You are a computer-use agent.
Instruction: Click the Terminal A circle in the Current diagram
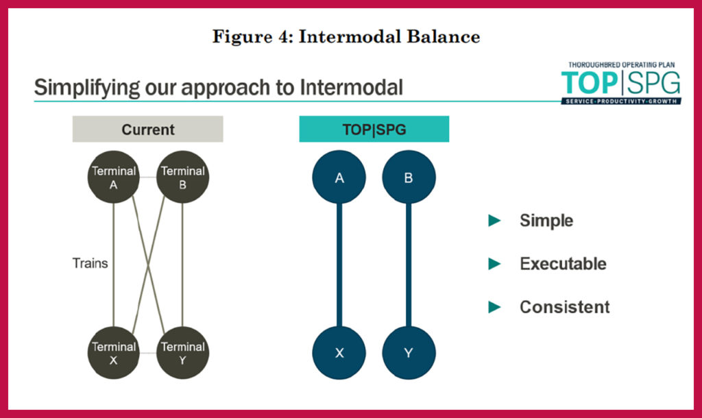[114, 177]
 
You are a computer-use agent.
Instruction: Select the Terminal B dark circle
[182, 177]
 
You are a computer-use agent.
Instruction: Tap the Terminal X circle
[114, 353]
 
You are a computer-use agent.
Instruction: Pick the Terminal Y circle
[182, 353]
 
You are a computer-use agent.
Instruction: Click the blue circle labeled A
[339, 177]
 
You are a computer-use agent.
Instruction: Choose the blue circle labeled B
[409, 177]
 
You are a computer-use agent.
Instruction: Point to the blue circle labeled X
[339, 353]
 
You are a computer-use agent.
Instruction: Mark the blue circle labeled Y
[409, 353]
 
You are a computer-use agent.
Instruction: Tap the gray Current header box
[148, 129]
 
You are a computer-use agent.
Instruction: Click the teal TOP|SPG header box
[374, 129]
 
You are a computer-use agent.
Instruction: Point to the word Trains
[90, 262]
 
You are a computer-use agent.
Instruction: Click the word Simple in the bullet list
[546, 221]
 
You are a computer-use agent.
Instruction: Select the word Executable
[563, 264]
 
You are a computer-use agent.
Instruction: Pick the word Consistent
[564, 307]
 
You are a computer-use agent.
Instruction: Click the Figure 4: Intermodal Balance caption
[346, 37]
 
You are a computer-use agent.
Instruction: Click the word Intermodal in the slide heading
[347, 88]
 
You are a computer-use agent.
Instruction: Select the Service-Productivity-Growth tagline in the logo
[621, 101]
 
